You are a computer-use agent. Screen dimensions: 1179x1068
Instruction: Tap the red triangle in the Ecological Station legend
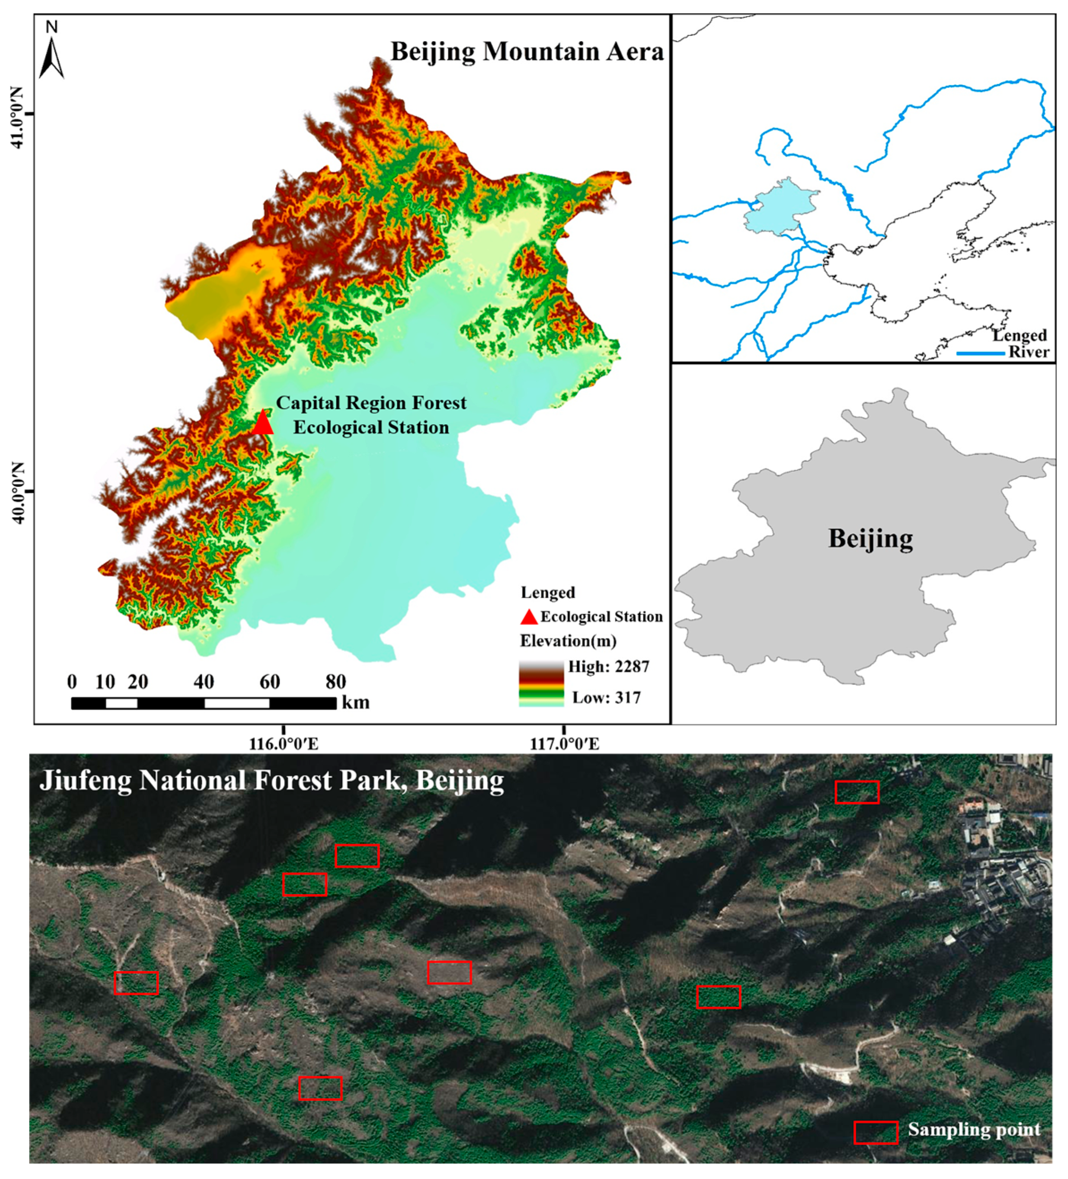(x=529, y=617)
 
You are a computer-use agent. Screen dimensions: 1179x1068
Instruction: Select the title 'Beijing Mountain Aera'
(x=527, y=51)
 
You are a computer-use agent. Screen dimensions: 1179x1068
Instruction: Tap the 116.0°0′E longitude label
(x=284, y=744)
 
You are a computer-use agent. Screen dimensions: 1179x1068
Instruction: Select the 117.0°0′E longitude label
(x=564, y=744)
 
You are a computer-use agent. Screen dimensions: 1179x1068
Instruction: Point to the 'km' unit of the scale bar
(x=356, y=702)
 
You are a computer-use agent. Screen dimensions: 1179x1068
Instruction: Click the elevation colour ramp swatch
(x=541, y=684)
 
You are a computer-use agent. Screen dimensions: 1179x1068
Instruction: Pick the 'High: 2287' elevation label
(x=608, y=667)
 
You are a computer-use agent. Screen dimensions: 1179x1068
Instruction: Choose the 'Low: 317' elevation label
(x=606, y=697)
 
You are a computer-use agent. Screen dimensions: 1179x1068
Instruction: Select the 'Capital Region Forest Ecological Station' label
(x=371, y=414)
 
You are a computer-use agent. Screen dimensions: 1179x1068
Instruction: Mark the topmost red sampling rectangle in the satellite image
(x=856, y=792)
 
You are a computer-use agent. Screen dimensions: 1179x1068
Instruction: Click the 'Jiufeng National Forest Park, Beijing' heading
(x=272, y=781)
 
